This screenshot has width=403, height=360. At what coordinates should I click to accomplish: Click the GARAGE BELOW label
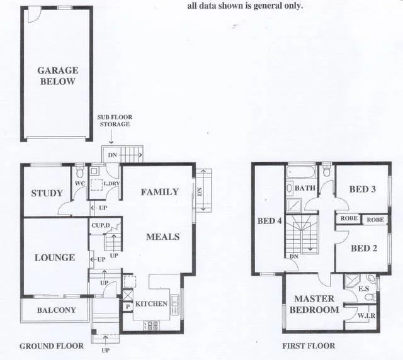point(57,76)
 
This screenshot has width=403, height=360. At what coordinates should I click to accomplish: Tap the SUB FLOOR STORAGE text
point(113,121)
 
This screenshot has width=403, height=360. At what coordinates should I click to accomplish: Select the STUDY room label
point(47,193)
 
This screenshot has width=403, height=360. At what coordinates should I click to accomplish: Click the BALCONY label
point(56,310)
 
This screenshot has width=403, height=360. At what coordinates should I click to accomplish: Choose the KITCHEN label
point(151,304)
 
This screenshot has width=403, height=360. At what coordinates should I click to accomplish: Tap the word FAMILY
point(159,192)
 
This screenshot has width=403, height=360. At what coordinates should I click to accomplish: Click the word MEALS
point(163,237)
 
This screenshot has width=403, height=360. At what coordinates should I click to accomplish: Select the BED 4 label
point(269,221)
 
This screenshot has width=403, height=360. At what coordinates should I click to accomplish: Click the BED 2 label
point(364,248)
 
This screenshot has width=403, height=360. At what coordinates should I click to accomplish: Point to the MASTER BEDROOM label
point(315,304)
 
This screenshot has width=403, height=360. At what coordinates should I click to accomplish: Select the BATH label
point(305,188)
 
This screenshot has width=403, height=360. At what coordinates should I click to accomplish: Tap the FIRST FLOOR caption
point(309,346)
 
